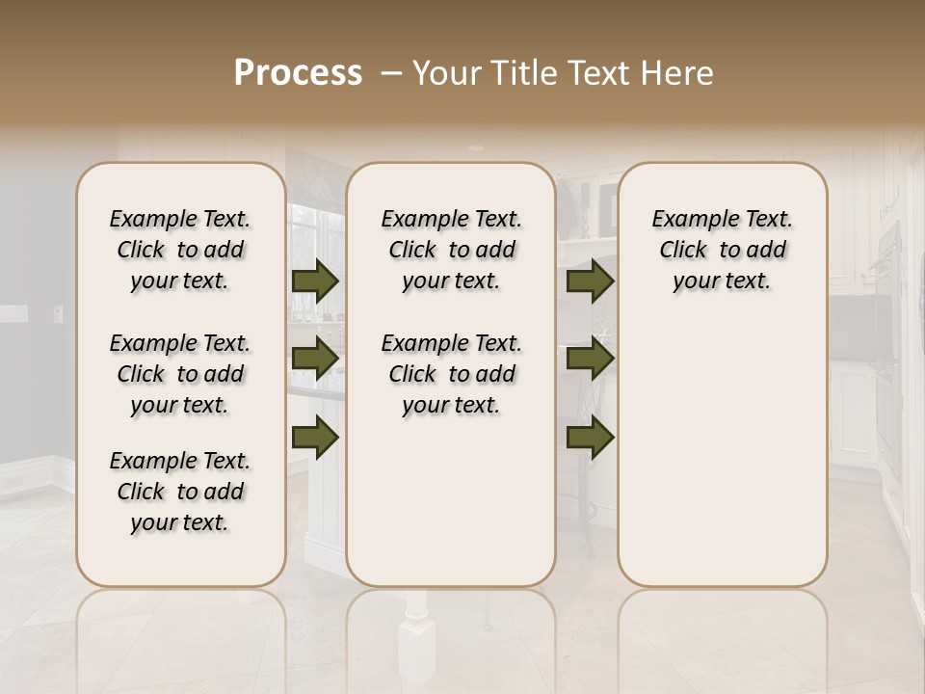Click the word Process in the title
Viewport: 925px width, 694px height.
tap(298, 73)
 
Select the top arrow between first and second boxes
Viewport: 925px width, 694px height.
tap(315, 280)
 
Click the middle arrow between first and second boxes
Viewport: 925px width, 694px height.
tap(315, 359)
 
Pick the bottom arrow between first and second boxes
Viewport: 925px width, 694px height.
tap(315, 437)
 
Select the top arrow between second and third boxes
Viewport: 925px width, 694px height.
tap(590, 280)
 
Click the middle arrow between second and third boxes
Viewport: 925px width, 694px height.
tap(590, 359)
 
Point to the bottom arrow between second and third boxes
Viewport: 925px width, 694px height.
tap(590, 437)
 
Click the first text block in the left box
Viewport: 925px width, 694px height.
tap(180, 250)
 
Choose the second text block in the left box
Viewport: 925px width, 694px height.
tap(180, 374)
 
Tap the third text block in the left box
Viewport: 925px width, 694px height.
tap(180, 492)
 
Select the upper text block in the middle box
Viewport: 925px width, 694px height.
tap(451, 250)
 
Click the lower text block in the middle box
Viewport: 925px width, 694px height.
tap(451, 374)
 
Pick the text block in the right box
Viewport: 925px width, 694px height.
tap(722, 250)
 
